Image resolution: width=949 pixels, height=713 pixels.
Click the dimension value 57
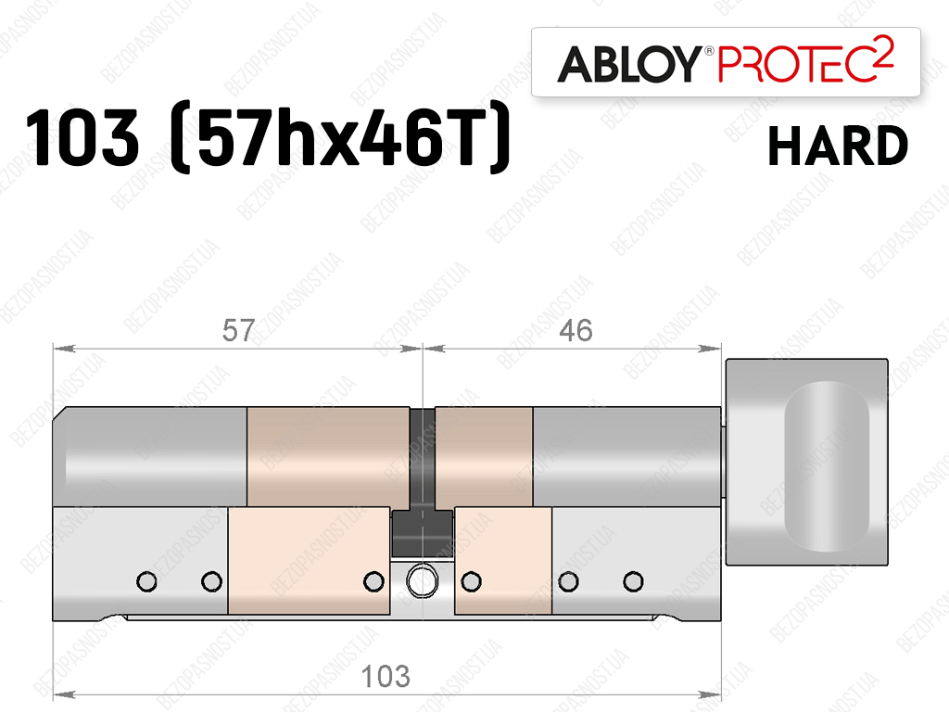point(238,330)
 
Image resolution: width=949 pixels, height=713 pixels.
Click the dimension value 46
point(576,330)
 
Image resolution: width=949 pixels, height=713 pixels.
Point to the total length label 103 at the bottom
point(386,676)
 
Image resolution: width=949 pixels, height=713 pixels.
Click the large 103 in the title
point(82,137)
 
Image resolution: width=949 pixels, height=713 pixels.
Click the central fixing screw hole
point(422,581)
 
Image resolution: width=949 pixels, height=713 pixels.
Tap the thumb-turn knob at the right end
point(807,461)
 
